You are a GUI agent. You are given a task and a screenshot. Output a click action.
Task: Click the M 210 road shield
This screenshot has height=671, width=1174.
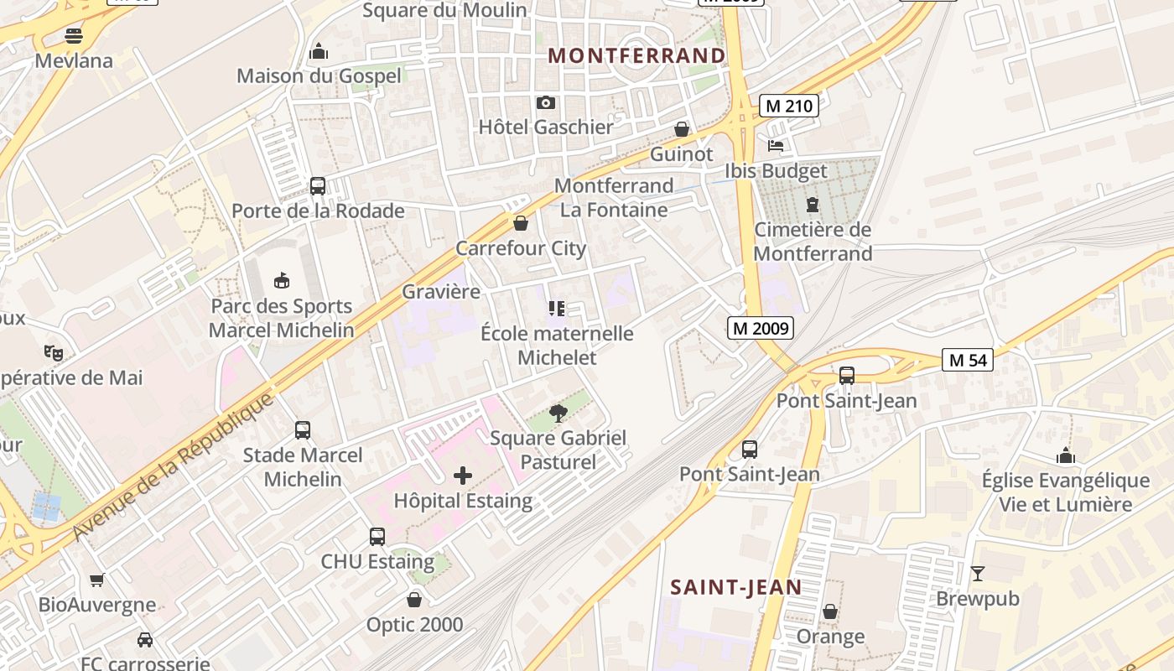coord(788,106)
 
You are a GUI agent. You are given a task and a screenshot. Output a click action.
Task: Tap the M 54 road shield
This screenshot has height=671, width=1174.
coord(967,360)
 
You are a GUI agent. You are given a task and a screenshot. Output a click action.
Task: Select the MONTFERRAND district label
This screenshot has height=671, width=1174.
coord(636,55)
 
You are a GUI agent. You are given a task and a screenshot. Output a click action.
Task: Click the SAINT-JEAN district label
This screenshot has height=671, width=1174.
coord(735,587)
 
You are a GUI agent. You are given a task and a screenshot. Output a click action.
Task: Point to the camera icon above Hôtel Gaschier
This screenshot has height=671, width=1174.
coord(546,103)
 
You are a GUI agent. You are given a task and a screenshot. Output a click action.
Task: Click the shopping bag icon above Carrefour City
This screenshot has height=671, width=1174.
coord(521,223)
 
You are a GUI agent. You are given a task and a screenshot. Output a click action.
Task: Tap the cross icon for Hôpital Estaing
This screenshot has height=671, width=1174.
coord(462,476)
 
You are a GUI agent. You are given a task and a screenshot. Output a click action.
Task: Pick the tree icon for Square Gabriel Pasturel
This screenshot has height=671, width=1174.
coord(558,413)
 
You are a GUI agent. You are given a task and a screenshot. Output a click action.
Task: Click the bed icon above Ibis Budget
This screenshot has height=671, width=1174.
coord(776,146)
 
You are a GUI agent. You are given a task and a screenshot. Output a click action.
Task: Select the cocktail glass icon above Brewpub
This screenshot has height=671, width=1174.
coord(977,574)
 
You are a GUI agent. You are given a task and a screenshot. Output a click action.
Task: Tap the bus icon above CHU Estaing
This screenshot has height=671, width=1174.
coord(377,536)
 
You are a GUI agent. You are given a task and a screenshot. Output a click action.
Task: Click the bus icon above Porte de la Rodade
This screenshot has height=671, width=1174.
coord(317,186)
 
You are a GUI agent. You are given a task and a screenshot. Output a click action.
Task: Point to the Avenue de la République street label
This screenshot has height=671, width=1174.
coord(174,466)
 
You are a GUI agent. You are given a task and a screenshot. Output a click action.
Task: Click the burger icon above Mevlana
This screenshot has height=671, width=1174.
coord(74,36)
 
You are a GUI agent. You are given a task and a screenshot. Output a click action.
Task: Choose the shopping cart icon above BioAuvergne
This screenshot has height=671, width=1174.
coord(97,580)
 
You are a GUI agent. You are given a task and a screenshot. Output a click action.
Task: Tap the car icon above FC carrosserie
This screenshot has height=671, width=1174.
coord(144,640)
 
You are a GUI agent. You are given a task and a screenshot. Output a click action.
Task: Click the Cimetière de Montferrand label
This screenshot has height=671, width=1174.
coord(813,242)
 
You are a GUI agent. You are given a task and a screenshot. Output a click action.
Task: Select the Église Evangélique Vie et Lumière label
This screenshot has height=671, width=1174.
coord(1065,492)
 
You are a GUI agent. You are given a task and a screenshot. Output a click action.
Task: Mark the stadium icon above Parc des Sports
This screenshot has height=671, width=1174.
coord(282,280)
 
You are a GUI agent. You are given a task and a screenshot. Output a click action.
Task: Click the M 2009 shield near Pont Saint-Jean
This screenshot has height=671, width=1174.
coord(760,328)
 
